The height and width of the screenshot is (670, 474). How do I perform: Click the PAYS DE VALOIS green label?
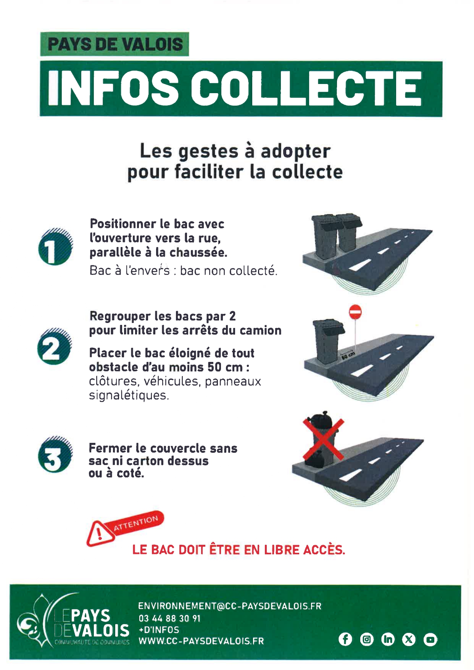pos(114,44)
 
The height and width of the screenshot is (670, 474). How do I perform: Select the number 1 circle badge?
pos(55,247)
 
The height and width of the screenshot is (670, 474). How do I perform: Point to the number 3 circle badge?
pos(55,454)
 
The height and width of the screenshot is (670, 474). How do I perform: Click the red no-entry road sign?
pos(355,312)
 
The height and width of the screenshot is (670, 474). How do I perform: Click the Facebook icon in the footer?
pos(345,639)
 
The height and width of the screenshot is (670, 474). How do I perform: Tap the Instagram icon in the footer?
pos(367,639)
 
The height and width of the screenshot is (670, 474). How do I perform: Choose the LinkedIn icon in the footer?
pos(388,639)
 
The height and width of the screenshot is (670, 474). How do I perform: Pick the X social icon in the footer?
pos(409,639)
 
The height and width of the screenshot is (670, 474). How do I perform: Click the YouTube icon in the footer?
pos(430,639)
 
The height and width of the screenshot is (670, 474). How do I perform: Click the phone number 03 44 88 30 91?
pos(169,618)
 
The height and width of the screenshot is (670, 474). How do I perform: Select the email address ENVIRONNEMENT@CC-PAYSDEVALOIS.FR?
pos(230,606)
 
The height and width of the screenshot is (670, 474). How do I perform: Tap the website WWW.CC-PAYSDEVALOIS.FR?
pos(201,641)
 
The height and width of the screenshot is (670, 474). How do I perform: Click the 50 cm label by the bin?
pos(347,356)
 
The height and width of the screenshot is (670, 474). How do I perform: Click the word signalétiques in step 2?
pos(129,396)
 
